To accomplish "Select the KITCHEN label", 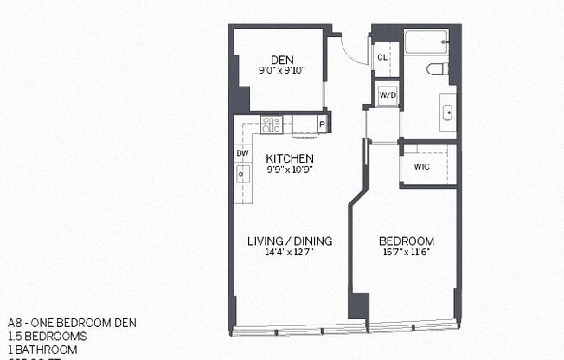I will (x=289, y=158).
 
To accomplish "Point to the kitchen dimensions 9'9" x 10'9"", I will (x=289, y=170).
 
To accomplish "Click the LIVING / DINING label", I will (x=290, y=241).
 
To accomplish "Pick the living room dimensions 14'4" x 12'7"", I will (x=290, y=252).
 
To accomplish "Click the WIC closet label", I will (x=422, y=166).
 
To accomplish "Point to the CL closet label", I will (x=382, y=57).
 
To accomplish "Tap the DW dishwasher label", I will (x=243, y=153).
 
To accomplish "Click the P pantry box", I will (x=322, y=125).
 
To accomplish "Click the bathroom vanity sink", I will (x=447, y=112).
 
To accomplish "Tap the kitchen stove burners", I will (x=272, y=125).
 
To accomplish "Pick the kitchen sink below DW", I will (x=243, y=174).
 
